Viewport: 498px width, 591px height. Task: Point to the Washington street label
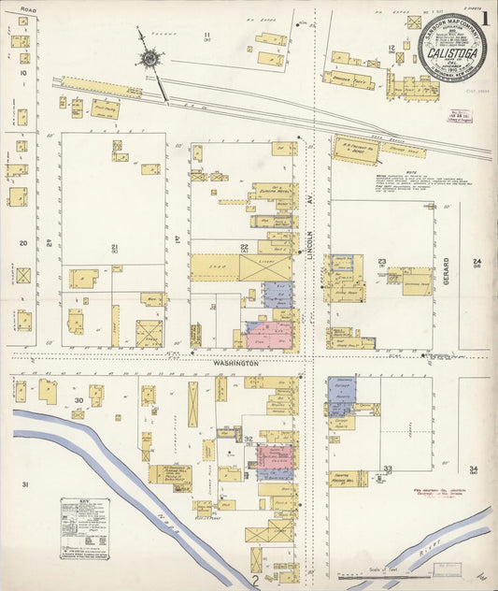[x=239, y=362]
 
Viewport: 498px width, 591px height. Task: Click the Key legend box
[x=84, y=528]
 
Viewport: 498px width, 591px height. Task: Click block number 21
[x=114, y=248]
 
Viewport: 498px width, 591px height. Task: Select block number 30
[x=79, y=400]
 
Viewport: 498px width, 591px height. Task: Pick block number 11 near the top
[x=206, y=36]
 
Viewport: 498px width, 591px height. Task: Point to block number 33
[x=387, y=468]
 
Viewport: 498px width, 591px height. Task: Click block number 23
[x=381, y=263]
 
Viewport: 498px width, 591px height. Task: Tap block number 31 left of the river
[x=25, y=483]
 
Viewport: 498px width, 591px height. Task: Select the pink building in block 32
[x=275, y=456]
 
